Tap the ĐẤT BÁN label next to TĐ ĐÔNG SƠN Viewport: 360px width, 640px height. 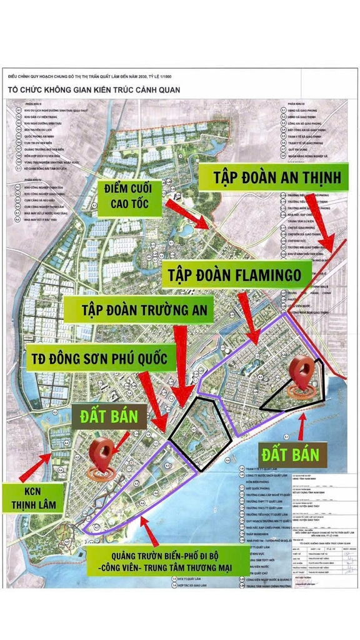coord(111,414)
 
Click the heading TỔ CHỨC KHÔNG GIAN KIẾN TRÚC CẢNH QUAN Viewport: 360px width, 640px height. coord(94,89)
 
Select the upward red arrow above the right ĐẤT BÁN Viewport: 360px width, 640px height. coord(303,427)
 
